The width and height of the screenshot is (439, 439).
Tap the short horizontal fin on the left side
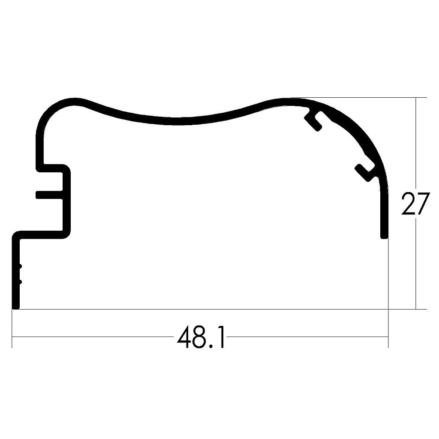[49, 195]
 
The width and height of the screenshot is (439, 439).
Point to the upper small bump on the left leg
[20, 267]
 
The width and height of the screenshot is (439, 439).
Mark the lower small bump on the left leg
[20, 282]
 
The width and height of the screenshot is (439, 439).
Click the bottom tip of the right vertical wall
[385, 236]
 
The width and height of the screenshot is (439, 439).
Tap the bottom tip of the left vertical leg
[16, 306]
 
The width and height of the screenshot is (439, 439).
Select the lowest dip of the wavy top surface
[180, 121]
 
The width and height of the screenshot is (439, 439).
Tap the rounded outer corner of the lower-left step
[15, 234]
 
